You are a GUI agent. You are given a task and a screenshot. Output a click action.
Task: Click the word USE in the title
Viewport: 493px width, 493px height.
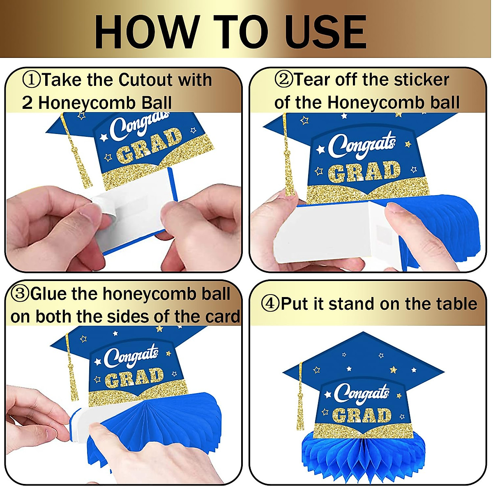tap(325, 32)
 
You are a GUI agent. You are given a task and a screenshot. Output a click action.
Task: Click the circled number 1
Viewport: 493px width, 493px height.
tap(32, 80)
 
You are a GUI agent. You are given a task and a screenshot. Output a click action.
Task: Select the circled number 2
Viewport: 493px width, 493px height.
tap(283, 79)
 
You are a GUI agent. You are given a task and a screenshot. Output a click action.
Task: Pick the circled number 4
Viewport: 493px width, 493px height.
tap(270, 304)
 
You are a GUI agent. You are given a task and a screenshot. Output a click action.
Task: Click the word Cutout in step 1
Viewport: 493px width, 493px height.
tap(145, 80)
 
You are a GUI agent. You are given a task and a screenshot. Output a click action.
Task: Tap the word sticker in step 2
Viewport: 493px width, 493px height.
tap(421, 79)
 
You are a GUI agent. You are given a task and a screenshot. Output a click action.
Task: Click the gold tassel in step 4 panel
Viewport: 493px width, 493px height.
tap(300, 399)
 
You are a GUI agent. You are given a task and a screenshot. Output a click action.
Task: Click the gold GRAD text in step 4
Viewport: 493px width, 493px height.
tap(362, 415)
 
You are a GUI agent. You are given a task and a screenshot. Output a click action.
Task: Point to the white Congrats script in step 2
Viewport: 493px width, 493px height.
tap(362, 146)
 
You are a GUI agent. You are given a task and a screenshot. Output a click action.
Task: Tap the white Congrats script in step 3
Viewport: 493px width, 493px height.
tap(131, 356)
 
